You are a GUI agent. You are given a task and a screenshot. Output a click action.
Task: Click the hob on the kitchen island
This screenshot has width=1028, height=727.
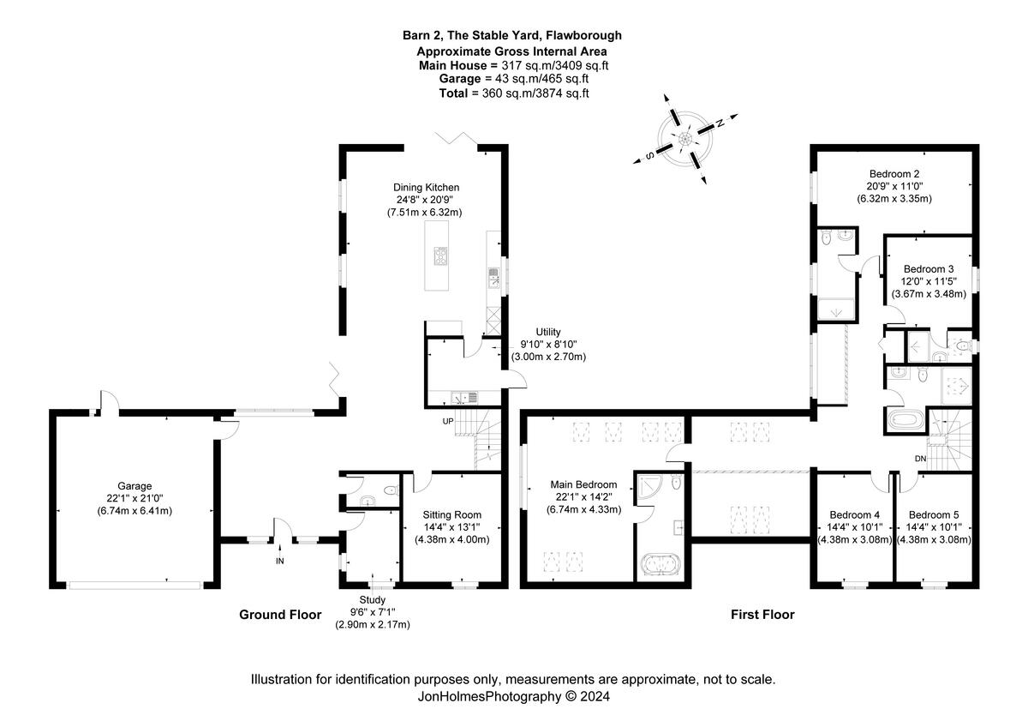point(442,257)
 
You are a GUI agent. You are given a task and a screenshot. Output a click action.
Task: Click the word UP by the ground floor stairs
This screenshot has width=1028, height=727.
point(448,421)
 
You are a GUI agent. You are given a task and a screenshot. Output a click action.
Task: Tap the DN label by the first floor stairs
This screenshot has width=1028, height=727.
point(920,460)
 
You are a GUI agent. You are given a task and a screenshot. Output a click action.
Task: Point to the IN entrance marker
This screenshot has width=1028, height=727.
point(279,561)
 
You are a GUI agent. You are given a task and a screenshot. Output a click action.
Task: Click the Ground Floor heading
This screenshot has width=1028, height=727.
point(280,615)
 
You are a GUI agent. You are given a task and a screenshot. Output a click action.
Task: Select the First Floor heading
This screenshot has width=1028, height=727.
point(762,615)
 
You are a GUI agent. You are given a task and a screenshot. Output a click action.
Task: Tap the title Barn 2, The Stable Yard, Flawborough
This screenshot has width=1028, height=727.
point(512,35)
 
